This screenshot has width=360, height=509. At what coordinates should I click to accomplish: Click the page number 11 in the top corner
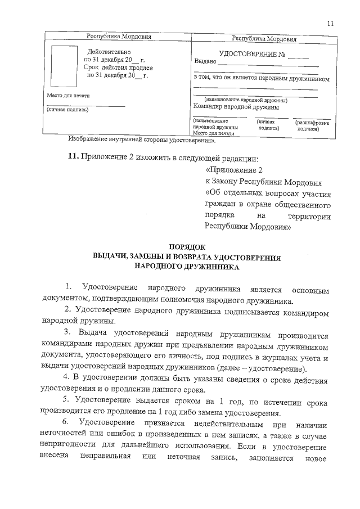pos(330,23)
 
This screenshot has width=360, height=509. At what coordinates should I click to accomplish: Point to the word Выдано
pos(205,61)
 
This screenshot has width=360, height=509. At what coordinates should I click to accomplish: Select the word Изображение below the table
pos(89,138)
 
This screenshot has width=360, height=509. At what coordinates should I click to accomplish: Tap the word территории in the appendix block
pos(309,217)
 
